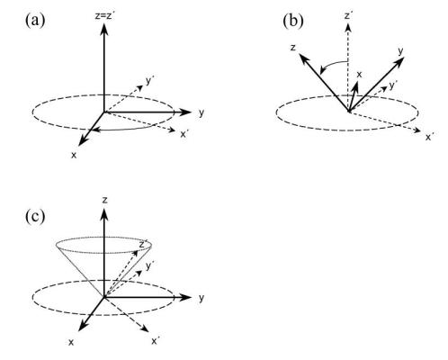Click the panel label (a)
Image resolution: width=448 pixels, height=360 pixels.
tap(35, 21)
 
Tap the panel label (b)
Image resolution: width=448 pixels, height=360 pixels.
tap(293, 21)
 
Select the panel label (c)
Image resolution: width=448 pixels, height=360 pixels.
tap(35, 216)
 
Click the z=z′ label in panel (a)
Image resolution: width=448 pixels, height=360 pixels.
tap(104, 15)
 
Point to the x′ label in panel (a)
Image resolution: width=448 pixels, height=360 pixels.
tap(184, 134)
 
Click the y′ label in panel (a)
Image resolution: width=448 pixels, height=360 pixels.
tap(150, 81)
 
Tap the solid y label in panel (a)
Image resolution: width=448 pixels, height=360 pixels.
tap(202, 113)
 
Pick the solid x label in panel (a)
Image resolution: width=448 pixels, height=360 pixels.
tap(74, 155)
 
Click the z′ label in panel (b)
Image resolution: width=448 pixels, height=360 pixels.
tap(348, 15)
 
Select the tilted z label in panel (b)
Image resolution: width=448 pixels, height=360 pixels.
tap(293, 48)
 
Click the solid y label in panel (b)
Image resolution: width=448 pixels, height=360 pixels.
tap(401, 51)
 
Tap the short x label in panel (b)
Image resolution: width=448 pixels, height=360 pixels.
tap(359, 74)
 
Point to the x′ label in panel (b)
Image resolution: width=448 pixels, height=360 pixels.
tap(429, 137)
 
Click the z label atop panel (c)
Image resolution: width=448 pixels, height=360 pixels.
tap(104, 200)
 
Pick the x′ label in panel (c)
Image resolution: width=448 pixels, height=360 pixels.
tap(156, 341)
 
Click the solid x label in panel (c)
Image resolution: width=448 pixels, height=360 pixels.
tap(71, 342)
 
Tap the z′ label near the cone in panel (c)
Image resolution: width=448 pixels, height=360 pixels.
tap(142, 245)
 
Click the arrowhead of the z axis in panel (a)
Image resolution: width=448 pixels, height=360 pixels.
tap(104, 28)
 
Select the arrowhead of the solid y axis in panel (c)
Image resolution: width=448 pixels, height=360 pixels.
tap(185, 297)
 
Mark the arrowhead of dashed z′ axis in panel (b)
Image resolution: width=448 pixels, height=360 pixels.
tap(348, 27)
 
